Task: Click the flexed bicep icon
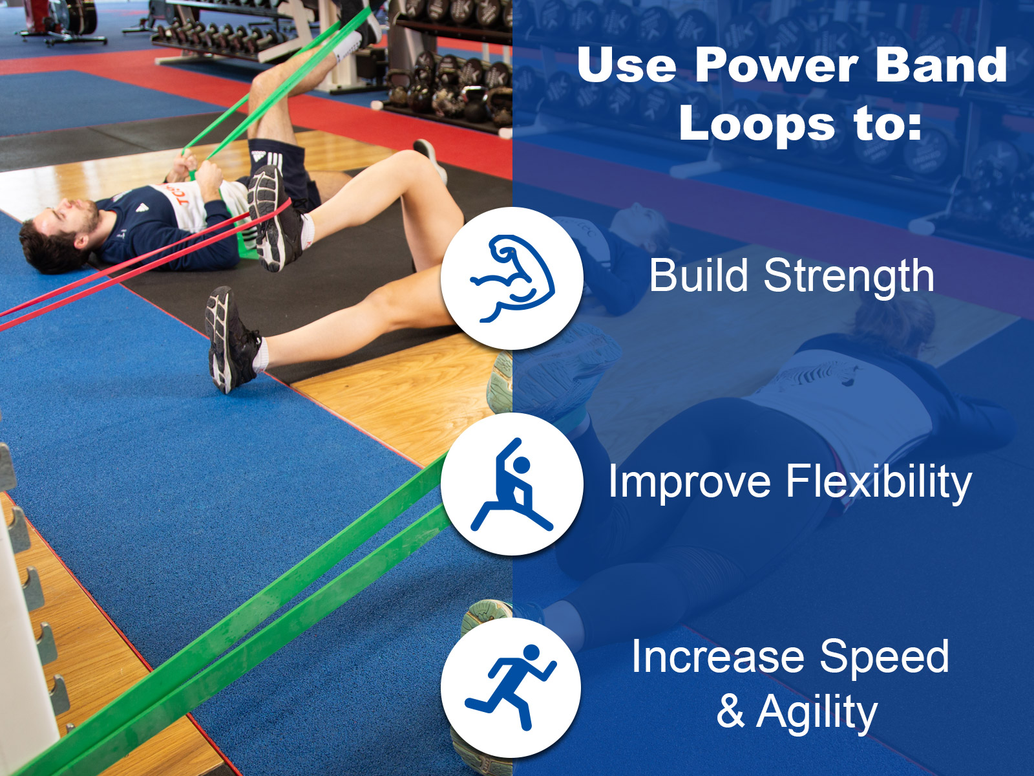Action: click(x=512, y=279)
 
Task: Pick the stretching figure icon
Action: click(x=512, y=485)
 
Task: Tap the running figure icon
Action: click(x=511, y=687)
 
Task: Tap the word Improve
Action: click(x=690, y=482)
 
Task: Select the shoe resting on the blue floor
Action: click(x=231, y=339)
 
